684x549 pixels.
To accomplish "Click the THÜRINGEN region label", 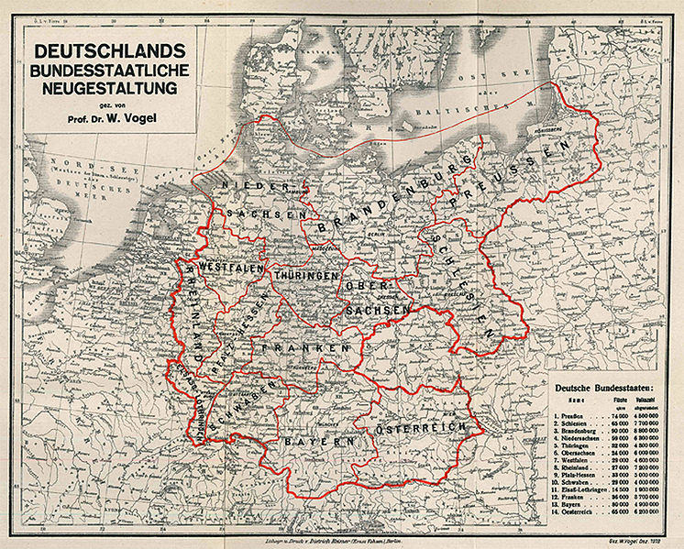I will tap(306, 275).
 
